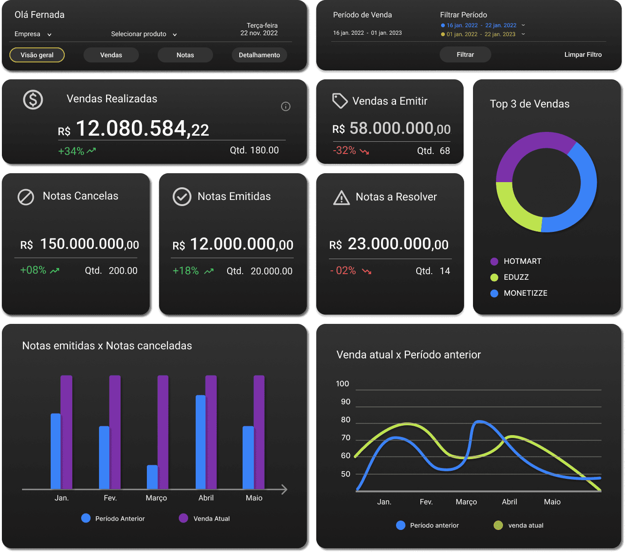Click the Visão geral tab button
pos(37,55)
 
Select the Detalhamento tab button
pos(259,55)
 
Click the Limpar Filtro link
pos(583,54)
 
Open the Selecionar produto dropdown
pos(144,34)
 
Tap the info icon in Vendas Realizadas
pos(285,107)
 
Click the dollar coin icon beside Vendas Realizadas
pos(33,100)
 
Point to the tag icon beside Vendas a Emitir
pos(340,100)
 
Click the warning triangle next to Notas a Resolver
pos(341,198)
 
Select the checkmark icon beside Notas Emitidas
pos(182,197)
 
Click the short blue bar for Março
pos(152,477)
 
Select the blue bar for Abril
pos(200,442)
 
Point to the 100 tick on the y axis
pos(343,384)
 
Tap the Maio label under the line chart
pos(552,502)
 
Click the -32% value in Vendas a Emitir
pos(344,151)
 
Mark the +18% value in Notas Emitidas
pos(186,271)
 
